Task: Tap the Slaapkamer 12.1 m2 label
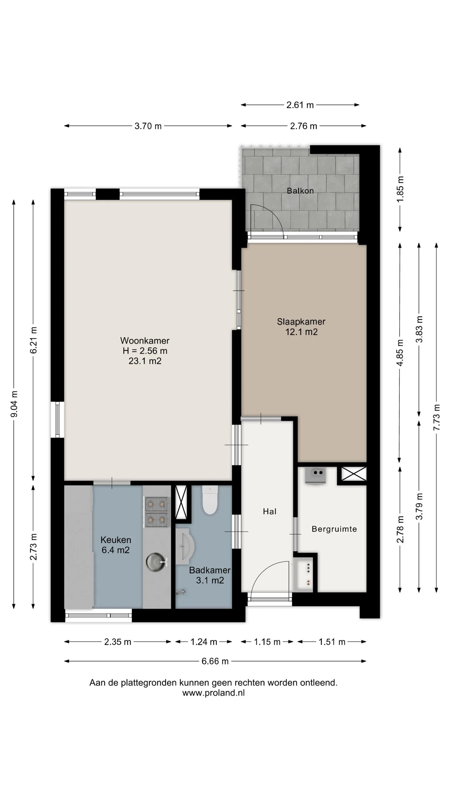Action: (x=301, y=326)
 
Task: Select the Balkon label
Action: (x=300, y=191)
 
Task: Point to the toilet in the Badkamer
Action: (x=210, y=500)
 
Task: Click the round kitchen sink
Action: (x=157, y=561)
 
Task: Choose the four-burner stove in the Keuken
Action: (x=156, y=512)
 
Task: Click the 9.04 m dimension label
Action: (x=14, y=404)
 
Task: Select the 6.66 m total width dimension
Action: (x=215, y=661)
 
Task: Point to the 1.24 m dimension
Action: (x=204, y=642)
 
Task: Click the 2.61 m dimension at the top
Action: (x=300, y=105)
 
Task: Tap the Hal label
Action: (x=270, y=511)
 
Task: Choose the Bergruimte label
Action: (x=334, y=529)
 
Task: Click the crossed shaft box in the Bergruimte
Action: (x=353, y=473)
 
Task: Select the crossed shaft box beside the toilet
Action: (x=181, y=502)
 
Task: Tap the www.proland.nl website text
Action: (x=213, y=693)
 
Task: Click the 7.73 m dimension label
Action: (x=437, y=417)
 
